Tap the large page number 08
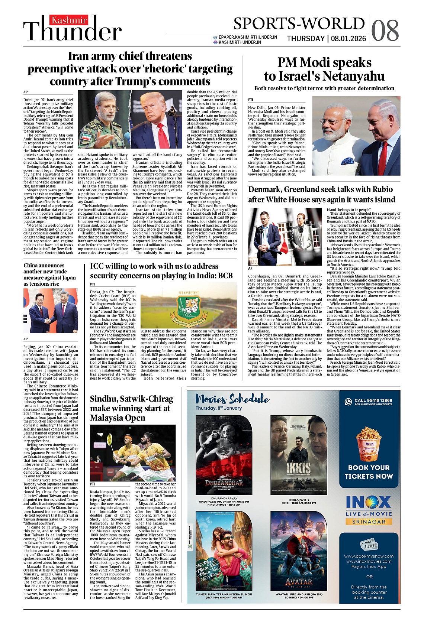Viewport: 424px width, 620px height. point(385,30)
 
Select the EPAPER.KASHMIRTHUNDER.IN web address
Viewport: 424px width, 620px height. point(248,37)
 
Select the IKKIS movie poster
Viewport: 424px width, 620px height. point(298,455)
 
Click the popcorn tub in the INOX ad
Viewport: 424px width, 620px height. point(369,444)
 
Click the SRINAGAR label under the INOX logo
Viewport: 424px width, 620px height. point(369,522)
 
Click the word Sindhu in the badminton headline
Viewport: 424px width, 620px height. point(105,399)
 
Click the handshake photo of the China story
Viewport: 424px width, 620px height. point(51,311)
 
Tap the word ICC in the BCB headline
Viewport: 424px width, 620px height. point(99,266)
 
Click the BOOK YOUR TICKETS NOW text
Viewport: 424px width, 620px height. point(369,472)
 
